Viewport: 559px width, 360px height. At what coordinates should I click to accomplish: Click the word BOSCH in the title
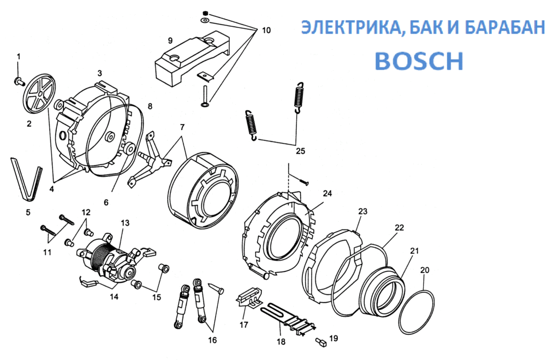pos(419,61)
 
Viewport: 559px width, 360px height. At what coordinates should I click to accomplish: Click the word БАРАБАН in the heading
pos(506,28)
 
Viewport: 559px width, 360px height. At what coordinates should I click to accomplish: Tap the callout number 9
pos(170,41)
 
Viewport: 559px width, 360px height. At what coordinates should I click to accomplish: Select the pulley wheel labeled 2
pos(40,91)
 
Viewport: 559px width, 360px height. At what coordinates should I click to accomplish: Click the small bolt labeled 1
pos(19,81)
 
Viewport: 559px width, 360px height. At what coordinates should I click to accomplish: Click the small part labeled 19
pos(321,343)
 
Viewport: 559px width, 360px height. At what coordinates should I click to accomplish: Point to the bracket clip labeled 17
pos(248,298)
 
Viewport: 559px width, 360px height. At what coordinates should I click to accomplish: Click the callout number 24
pos(327,193)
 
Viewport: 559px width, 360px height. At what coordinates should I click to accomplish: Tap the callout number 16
pos(212,340)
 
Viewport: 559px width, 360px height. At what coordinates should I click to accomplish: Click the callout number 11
pos(47,252)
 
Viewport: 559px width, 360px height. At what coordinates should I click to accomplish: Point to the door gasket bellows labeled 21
pos(382,284)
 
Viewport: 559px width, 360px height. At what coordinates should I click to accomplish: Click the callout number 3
pos(99,73)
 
